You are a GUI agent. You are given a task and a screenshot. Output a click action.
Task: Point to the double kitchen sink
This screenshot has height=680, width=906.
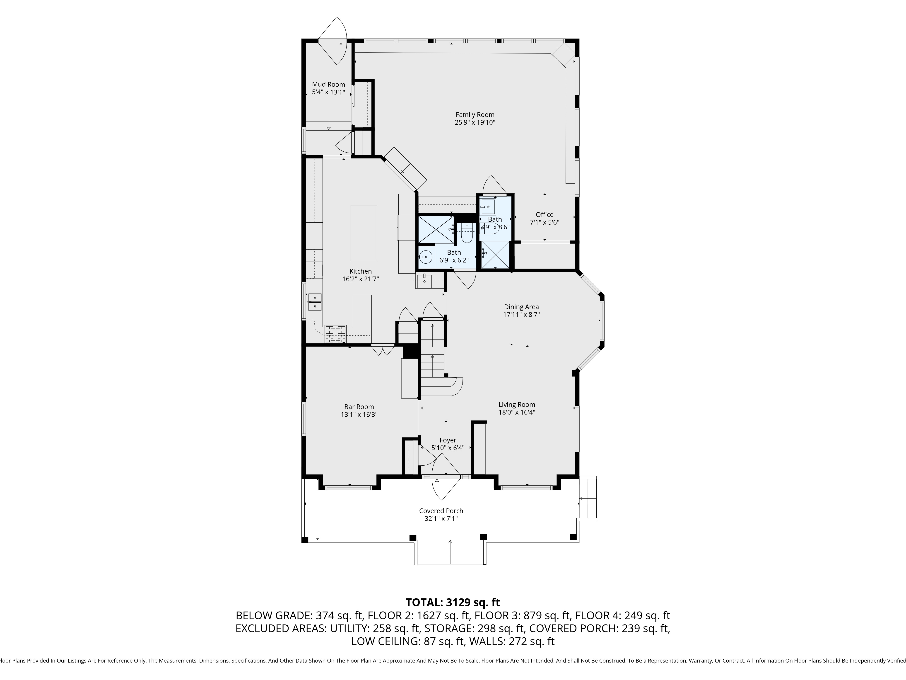(x=315, y=302)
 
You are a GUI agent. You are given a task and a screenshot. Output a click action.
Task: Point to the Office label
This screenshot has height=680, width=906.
(x=544, y=214)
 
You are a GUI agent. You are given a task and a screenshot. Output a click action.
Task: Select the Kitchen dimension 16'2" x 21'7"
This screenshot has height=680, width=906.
(x=360, y=279)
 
